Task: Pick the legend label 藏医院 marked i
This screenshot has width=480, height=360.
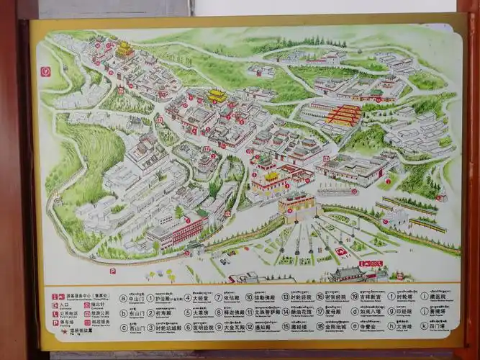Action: [437, 297]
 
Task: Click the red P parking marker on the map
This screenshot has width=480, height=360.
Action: [112, 271]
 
